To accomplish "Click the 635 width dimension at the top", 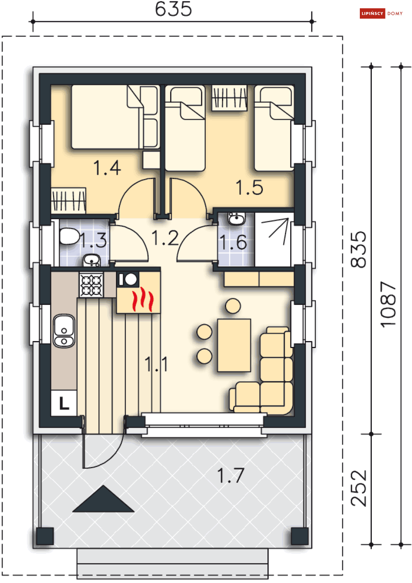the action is point(173,9).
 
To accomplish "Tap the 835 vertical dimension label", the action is point(359,249).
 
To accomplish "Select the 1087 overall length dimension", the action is point(388,304).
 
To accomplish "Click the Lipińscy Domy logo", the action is point(381,14).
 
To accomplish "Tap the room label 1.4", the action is point(107,168).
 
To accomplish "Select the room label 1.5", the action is point(249,188).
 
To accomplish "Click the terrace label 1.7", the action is point(231,475).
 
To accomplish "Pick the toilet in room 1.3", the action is point(69,236).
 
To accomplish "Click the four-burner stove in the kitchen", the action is point(91,285).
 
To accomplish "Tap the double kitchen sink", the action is point(64,331).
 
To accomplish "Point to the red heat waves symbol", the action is point(143,299).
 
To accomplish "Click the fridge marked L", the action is point(64,403).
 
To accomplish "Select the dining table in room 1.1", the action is point(234,345).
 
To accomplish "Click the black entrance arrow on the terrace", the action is point(103,499).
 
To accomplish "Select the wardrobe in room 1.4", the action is point(68,201).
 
